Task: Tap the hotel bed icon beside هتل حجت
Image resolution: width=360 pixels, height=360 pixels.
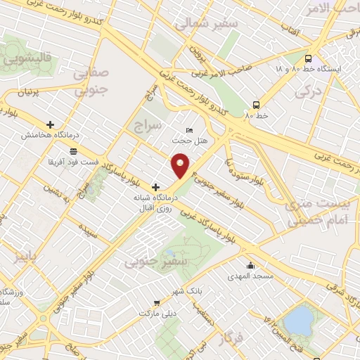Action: (x=188, y=130)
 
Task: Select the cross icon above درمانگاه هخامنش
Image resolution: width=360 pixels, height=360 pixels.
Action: (x=49, y=125)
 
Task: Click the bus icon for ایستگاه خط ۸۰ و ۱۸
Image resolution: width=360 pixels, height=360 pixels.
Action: (x=309, y=58)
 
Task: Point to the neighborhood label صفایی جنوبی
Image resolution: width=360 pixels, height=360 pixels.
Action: (x=92, y=82)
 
